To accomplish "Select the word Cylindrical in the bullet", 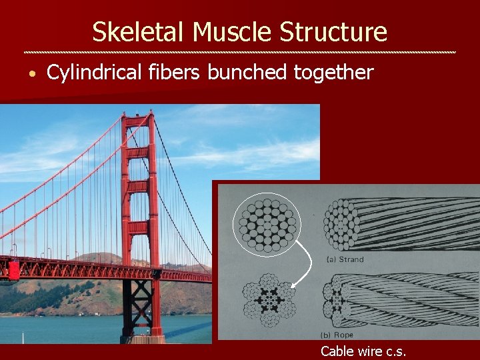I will tap(94, 73).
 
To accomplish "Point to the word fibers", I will tap(175, 73).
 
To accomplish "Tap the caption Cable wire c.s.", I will tap(363, 351).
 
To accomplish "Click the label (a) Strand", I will tap(345, 259).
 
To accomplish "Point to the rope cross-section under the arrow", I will tap(268, 301).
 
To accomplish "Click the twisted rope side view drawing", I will tap(400, 300).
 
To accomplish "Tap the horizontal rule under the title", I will tap(240, 52).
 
